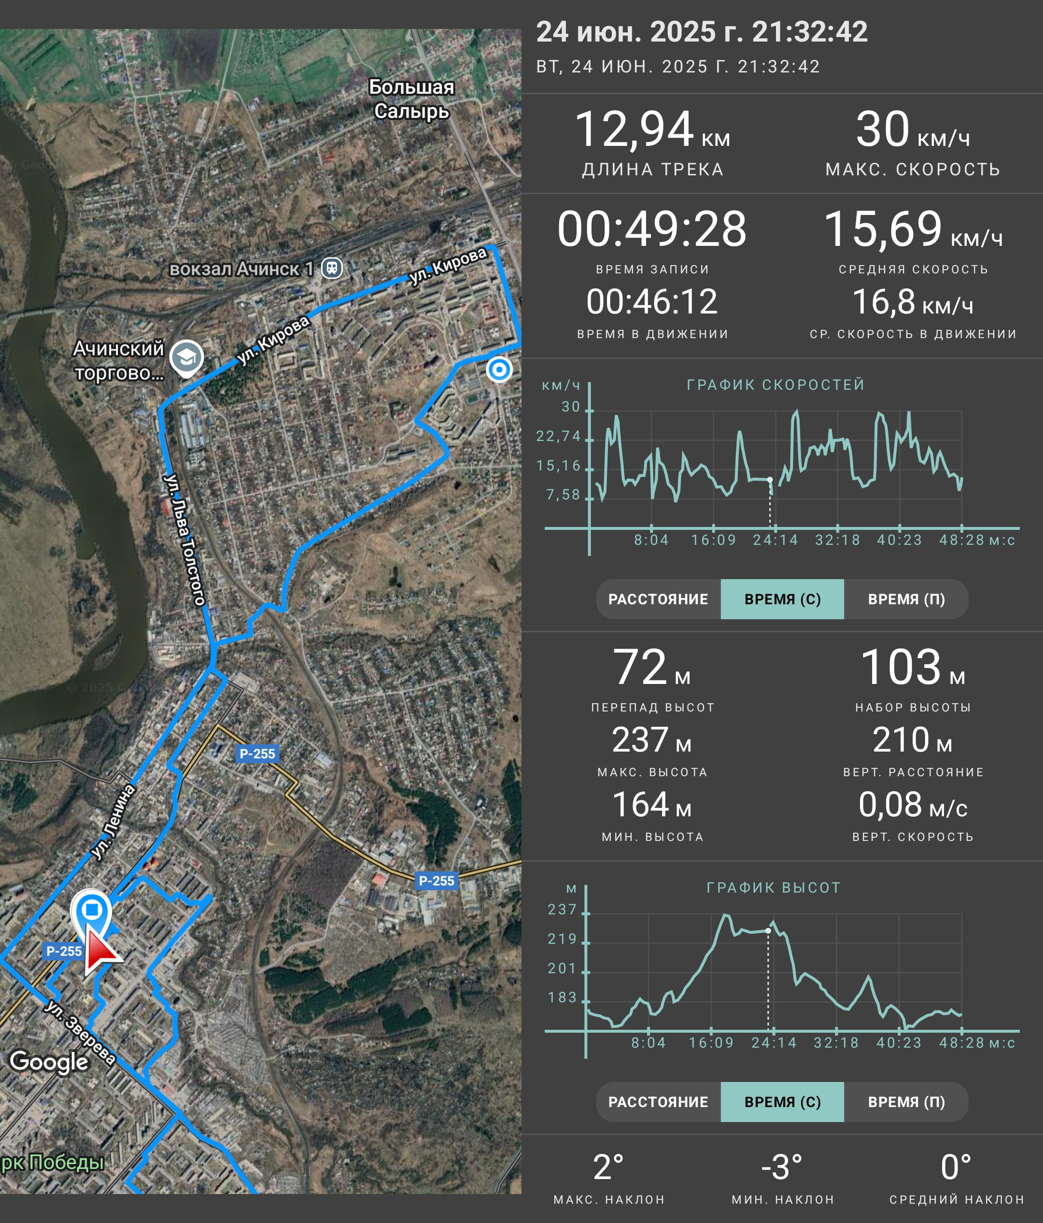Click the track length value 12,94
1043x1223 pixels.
(634, 130)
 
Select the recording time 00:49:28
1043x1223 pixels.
(652, 229)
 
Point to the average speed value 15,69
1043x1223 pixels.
(883, 229)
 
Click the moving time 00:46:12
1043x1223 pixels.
(652, 301)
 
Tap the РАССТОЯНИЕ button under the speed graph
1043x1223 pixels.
(658, 599)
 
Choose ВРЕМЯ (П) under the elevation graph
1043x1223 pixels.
(906, 1102)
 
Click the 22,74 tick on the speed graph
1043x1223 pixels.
(559, 436)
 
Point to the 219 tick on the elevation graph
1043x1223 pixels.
(562, 939)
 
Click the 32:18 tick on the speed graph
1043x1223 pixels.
(837, 540)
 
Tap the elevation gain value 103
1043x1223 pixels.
(901, 668)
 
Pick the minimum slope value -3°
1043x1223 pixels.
(782, 1167)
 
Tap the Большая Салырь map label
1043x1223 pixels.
(412, 99)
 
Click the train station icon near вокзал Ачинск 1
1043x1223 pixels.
(332, 268)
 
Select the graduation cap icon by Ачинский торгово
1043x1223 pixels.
(186, 357)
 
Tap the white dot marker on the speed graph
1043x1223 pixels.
(770, 479)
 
